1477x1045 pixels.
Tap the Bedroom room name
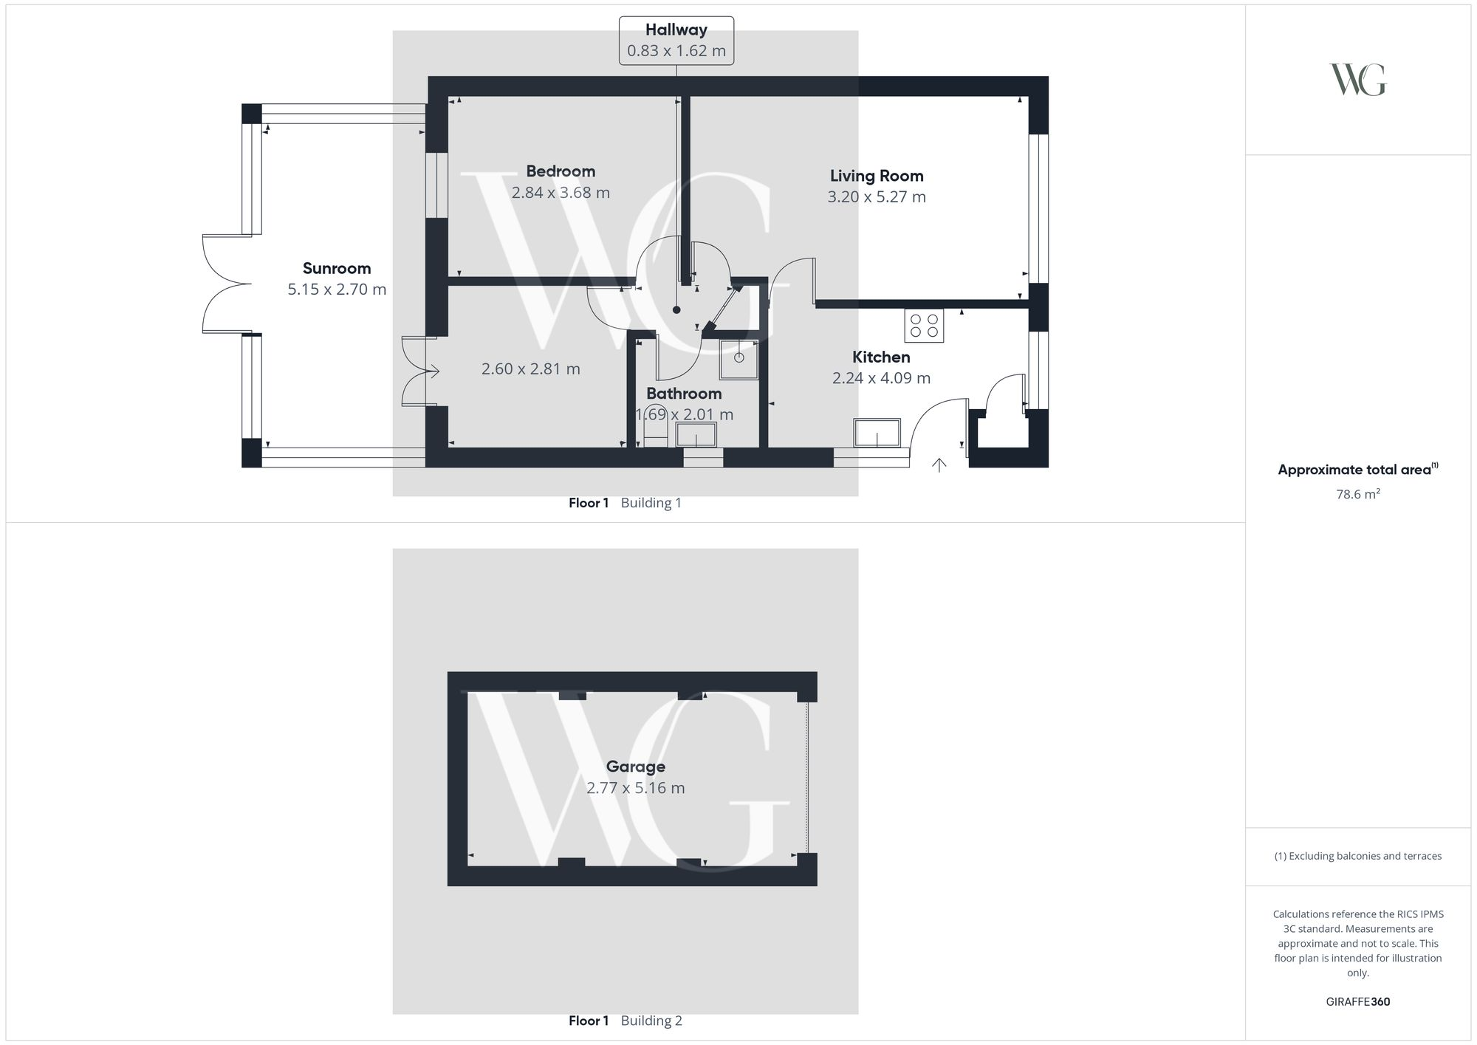click(561, 171)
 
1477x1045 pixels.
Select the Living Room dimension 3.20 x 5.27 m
click(876, 197)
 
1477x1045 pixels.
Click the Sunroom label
click(337, 269)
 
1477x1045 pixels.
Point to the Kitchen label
click(881, 357)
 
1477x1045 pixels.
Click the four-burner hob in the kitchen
click(924, 326)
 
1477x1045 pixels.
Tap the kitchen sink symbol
click(877, 433)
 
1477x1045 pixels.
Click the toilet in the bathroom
click(655, 426)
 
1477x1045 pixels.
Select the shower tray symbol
click(738, 359)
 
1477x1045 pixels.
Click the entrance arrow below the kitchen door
click(939, 465)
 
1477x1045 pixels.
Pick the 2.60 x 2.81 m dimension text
click(530, 369)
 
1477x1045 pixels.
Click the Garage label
click(635, 767)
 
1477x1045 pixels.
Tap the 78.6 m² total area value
click(1357, 494)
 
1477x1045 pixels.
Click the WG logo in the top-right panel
click(1357, 80)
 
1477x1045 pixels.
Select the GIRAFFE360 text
click(1357, 1002)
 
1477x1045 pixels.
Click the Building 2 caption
click(651, 1021)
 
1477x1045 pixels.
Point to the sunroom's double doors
click(225, 284)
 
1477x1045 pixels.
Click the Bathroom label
click(684, 394)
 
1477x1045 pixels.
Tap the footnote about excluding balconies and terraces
click(1357, 856)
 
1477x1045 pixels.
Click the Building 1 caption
click(651, 503)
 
